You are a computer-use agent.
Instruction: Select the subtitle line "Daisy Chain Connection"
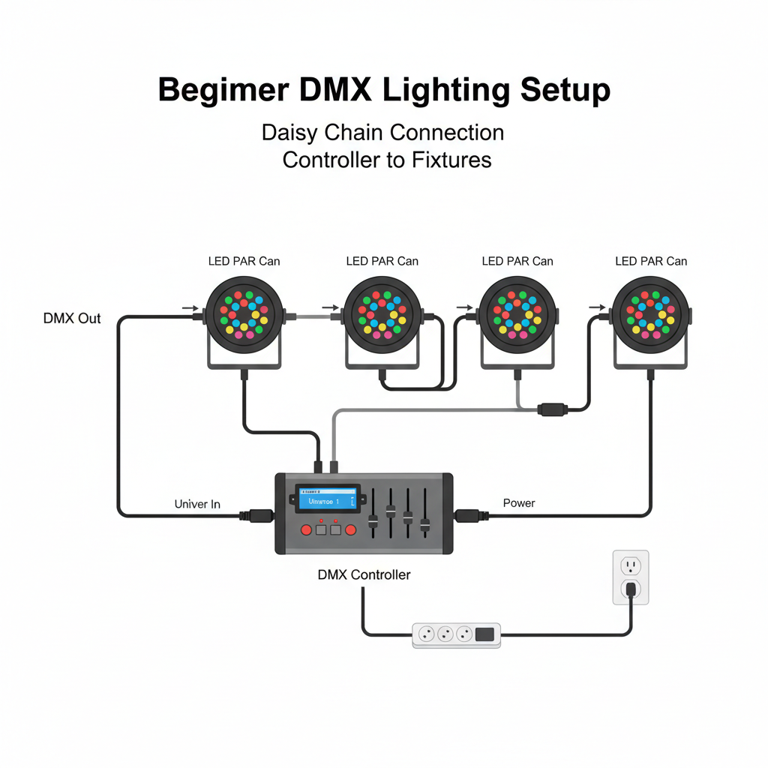tap(382, 133)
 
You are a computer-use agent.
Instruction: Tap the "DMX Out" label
tap(72, 319)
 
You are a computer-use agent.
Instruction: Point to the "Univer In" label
tap(197, 504)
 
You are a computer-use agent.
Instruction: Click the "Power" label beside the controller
tap(519, 502)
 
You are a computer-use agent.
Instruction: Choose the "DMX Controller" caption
tap(364, 574)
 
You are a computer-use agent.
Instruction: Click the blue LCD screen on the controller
tap(326, 499)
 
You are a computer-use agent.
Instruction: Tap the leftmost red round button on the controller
tap(306, 530)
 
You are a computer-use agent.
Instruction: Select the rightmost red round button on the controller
tap(349, 530)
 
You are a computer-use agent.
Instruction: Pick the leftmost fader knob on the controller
tap(373, 520)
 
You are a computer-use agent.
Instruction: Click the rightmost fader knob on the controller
tap(424, 525)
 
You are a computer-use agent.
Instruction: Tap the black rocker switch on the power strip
tap(485, 634)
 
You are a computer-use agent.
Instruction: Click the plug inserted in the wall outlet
tap(631, 589)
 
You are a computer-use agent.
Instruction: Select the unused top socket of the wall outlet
tap(631, 565)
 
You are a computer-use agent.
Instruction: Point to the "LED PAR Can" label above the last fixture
tap(651, 261)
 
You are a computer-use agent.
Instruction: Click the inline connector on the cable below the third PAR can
tap(552, 409)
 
